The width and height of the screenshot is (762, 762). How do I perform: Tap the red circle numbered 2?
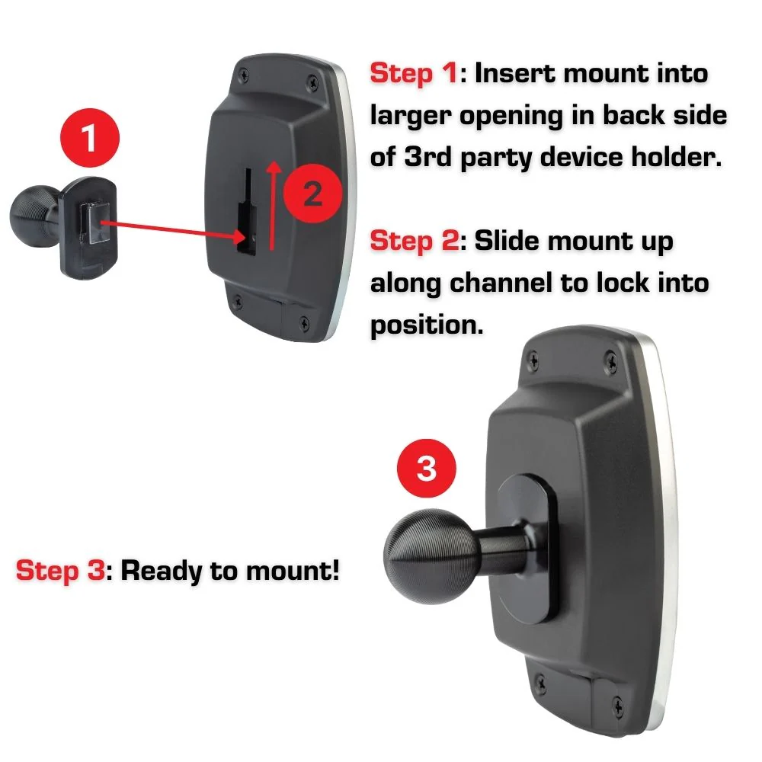[312, 195]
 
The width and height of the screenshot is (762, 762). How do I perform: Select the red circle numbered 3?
[426, 469]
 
